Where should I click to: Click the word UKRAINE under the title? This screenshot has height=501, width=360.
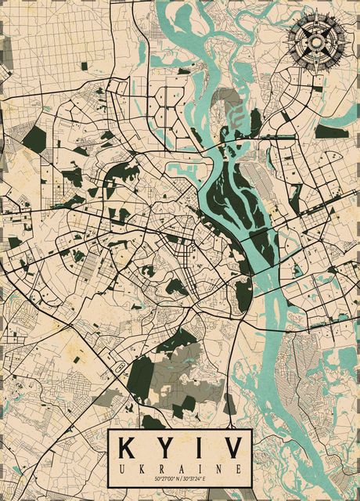coord(180,467)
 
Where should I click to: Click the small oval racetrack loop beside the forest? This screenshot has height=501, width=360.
coord(120,366)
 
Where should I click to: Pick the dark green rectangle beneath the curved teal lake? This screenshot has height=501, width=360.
coord(330,131)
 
